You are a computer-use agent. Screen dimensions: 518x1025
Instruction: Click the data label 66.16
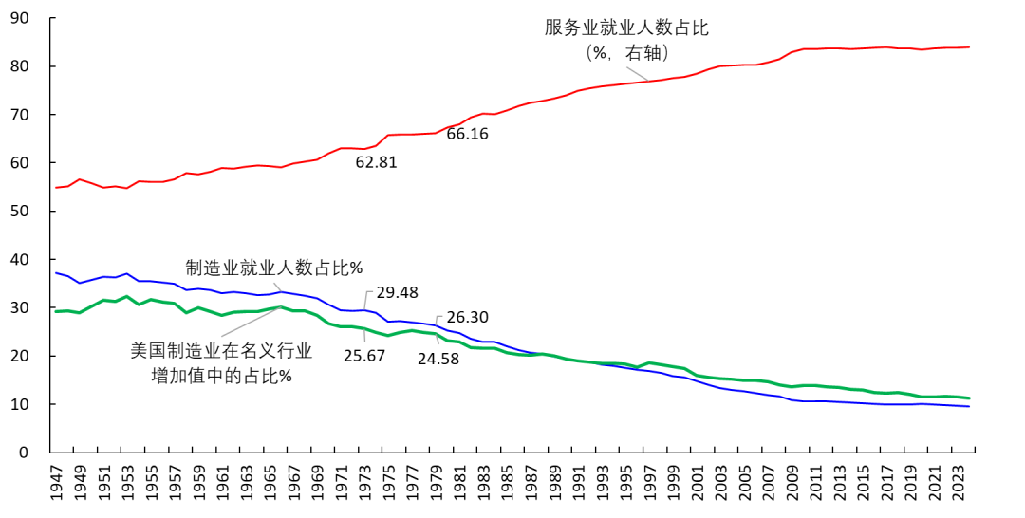coord(467,134)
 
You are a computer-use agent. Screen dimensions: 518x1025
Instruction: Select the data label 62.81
coord(376,162)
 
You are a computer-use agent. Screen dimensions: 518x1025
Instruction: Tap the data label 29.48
coord(398,293)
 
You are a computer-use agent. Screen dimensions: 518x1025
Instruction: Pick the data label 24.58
coord(439,359)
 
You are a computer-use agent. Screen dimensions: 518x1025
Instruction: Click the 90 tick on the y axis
coord(19,19)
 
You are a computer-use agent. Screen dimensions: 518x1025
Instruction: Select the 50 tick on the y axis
coord(19,212)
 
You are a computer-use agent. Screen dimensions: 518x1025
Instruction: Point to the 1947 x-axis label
coord(57,485)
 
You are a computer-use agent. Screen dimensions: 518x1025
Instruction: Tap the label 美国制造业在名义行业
coord(221,350)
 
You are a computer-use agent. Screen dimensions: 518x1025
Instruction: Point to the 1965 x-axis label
coord(270,485)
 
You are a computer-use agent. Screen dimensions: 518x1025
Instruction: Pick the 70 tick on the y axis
coord(19,115)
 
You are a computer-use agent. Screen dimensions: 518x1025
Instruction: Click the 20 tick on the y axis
coord(19,356)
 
